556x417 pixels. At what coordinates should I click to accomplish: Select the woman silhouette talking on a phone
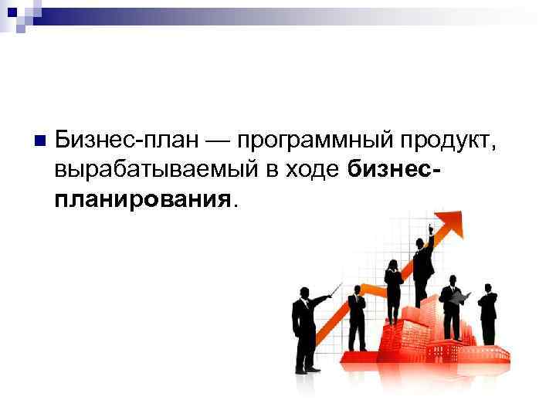tap(393, 290)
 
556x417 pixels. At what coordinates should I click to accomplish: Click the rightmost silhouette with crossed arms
tap(487, 313)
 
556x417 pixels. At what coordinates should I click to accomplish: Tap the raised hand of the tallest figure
tap(431, 225)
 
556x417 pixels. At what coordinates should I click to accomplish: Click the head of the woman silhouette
tap(393, 265)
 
